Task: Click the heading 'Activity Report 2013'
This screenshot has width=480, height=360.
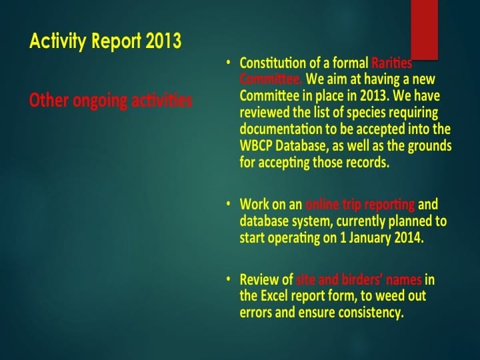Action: pos(105,41)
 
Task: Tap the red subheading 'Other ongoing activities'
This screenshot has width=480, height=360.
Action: pos(111,101)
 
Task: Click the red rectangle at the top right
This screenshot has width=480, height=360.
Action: pos(425,29)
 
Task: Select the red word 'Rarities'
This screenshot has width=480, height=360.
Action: pos(391,63)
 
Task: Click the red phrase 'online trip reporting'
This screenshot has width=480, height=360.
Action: pos(360,204)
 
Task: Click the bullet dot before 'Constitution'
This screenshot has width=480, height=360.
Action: pos(228,63)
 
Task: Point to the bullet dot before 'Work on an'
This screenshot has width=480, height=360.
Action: pos(228,203)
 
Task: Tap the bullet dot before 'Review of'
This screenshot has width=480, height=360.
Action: pos(228,279)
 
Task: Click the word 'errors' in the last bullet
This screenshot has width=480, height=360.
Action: pos(256,312)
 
